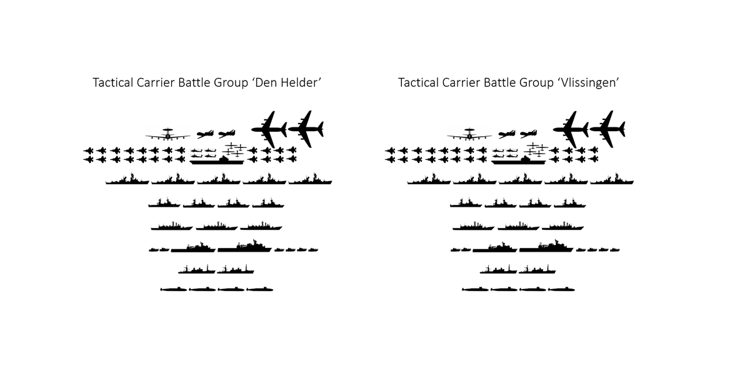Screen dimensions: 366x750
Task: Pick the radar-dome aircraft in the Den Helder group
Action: [x=167, y=134]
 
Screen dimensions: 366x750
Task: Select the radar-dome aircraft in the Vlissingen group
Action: [x=469, y=134]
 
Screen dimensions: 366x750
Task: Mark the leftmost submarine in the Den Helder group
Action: [x=174, y=289]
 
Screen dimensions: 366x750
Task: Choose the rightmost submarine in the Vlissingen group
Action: [x=562, y=289]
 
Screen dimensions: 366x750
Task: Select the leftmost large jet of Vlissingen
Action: [x=571, y=129]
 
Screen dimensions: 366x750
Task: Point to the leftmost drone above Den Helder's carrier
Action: [x=205, y=134]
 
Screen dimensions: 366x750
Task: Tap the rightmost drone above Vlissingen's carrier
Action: [x=529, y=134]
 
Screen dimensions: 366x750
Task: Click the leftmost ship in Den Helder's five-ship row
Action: [x=127, y=181]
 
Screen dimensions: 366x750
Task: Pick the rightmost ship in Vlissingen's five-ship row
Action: [x=612, y=181]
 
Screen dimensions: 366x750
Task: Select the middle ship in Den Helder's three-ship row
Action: [x=216, y=226]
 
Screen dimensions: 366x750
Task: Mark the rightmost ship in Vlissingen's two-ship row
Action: [x=537, y=270]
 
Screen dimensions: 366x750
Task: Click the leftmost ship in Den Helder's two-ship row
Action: [x=196, y=270]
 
